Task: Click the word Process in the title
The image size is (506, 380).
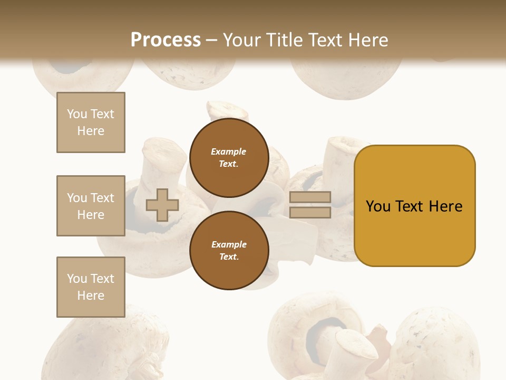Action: pyautogui.click(x=166, y=40)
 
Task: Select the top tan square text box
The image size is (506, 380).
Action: pyautogui.click(x=91, y=122)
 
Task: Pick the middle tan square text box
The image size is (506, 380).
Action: pyautogui.click(x=91, y=206)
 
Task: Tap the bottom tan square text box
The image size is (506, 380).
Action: pyautogui.click(x=91, y=287)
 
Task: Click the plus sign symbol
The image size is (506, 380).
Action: pyautogui.click(x=162, y=205)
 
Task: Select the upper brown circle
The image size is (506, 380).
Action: pyautogui.click(x=229, y=158)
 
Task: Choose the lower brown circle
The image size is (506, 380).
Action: pyautogui.click(x=229, y=251)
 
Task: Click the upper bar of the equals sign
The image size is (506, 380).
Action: pyautogui.click(x=310, y=197)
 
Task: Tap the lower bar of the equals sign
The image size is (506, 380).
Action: pyautogui.click(x=310, y=213)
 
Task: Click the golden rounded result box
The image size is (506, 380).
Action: pyautogui.click(x=414, y=206)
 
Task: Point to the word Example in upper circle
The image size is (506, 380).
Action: pyautogui.click(x=229, y=151)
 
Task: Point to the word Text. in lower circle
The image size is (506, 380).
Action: pyautogui.click(x=229, y=257)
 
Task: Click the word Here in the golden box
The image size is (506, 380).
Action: pyautogui.click(x=445, y=206)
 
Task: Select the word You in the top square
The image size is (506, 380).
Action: pyautogui.click(x=76, y=114)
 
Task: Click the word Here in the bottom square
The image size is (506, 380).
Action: pyautogui.click(x=91, y=296)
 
